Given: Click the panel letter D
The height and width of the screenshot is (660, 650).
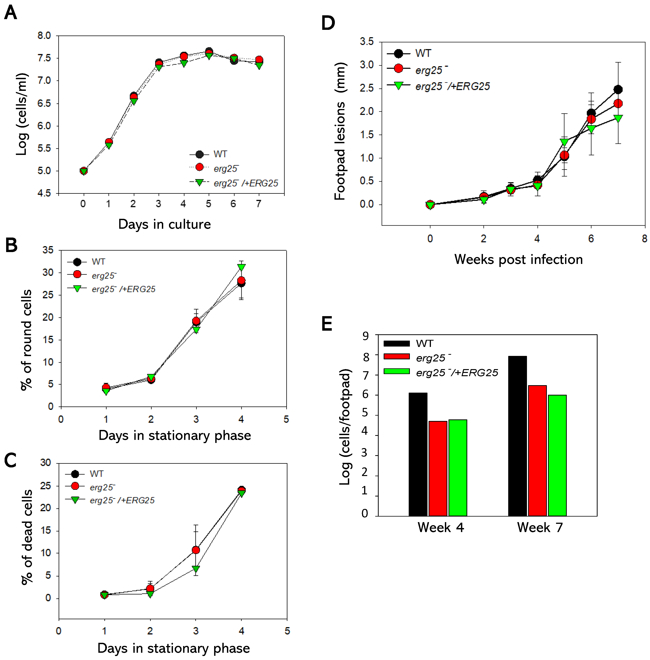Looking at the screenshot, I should pos(328,23).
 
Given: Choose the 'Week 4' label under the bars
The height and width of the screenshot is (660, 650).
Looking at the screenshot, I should pos(440,528).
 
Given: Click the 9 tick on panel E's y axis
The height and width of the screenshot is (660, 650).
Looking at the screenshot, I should pos(366,336).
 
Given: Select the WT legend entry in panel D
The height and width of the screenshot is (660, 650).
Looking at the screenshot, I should pos(423,54).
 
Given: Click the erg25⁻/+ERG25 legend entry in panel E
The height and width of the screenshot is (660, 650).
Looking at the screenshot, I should pos(457,373).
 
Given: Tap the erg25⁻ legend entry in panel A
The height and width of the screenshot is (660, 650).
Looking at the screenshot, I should pos(226,168).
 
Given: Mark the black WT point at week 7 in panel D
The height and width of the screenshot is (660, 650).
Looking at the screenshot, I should pos(618,90).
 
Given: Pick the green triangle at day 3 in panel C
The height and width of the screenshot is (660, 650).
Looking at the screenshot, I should pos(196,569).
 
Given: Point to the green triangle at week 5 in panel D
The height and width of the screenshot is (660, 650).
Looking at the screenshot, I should pos(564,142).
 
